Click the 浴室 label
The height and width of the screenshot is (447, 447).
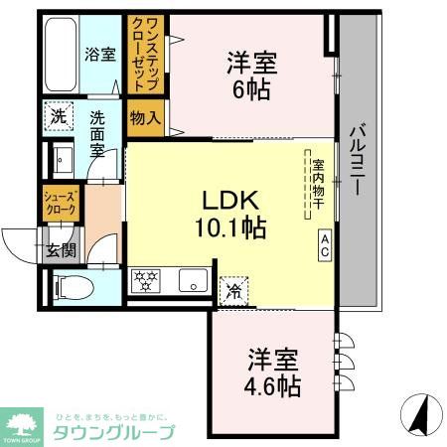coord(99,55)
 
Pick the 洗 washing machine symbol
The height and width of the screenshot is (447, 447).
coord(59,116)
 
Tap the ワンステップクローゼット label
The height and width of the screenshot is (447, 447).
coord(140,52)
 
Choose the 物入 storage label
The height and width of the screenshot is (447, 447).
coord(145,118)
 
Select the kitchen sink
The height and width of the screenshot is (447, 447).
coord(190,281)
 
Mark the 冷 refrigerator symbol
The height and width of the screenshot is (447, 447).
coord(234,291)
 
